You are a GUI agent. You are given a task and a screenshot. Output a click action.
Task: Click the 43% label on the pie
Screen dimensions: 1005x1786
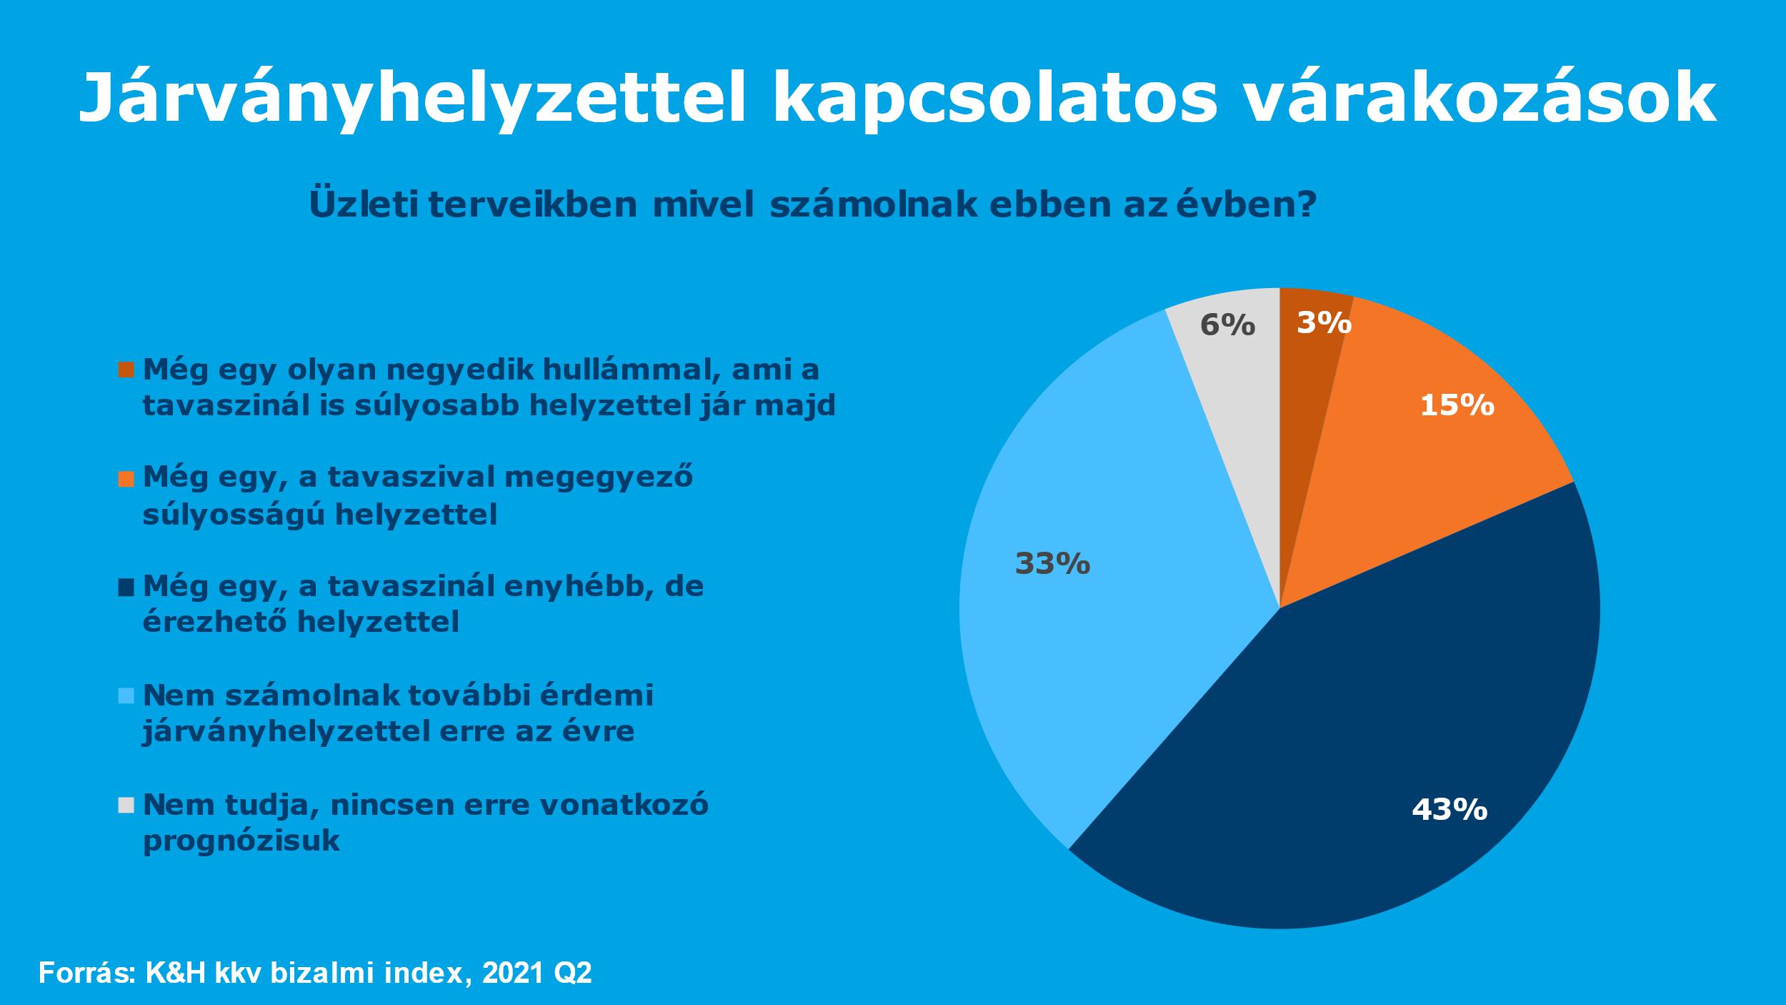point(1450,810)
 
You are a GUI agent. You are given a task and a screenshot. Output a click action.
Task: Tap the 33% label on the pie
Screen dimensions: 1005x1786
point(1052,565)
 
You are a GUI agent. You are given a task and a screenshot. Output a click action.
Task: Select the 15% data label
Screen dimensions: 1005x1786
point(1457,406)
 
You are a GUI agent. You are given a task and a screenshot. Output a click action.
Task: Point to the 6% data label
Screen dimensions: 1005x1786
point(1227,325)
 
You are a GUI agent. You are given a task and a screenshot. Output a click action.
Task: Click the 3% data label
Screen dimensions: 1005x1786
point(1324,323)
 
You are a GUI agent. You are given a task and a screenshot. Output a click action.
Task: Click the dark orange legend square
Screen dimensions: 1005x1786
point(126,370)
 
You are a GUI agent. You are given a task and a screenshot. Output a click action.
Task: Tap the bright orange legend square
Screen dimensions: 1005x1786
point(126,478)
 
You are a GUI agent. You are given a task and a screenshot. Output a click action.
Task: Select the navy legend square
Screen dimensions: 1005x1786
point(126,587)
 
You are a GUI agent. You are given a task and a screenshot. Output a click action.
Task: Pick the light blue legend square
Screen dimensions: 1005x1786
point(126,695)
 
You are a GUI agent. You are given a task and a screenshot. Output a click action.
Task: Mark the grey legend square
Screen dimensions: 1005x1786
point(126,806)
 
